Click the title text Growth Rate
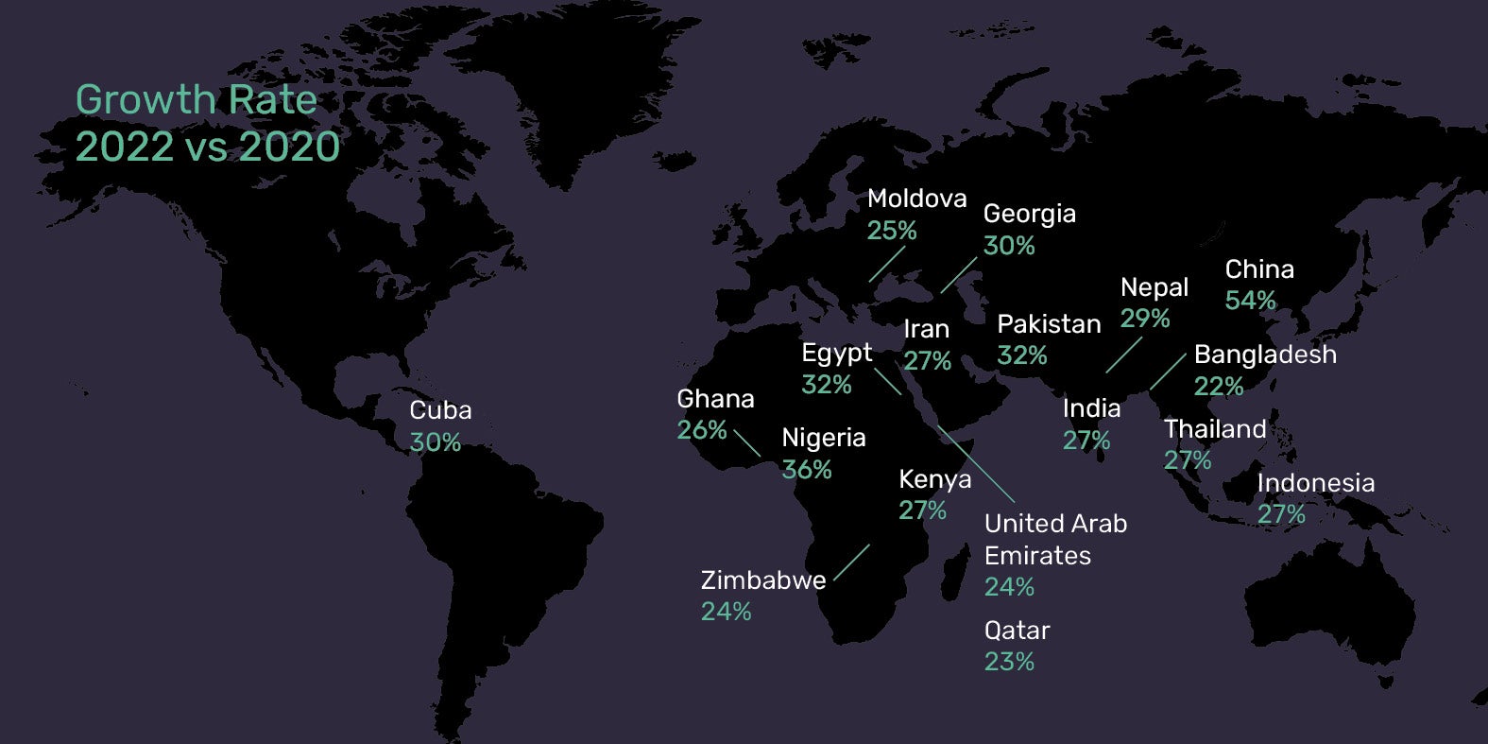(x=196, y=100)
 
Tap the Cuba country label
(x=440, y=410)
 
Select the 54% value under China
(x=1250, y=301)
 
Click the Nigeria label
(x=823, y=438)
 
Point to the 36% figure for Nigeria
(x=806, y=470)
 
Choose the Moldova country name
(x=916, y=199)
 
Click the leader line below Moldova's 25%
(x=886, y=265)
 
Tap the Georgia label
(x=1029, y=214)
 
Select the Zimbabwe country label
(x=762, y=580)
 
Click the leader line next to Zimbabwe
(x=851, y=562)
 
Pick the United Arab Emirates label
(x=1055, y=539)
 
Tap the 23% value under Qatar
(x=1009, y=662)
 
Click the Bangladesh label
(x=1265, y=355)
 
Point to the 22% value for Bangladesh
(x=1218, y=387)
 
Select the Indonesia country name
(x=1315, y=483)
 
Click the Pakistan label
(x=1049, y=324)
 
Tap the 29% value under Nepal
(x=1144, y=319)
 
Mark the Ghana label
(x=715, y=399)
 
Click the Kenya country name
(x=934, y=479)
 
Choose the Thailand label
(x=1214, y=429)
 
